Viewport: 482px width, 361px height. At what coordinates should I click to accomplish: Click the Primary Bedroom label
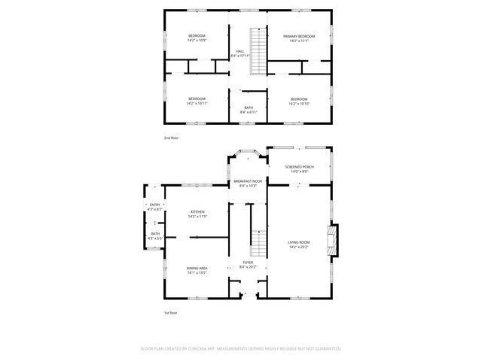(x=299, y=38)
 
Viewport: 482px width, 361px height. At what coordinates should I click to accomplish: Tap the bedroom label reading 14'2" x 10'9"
(x=197, y=38)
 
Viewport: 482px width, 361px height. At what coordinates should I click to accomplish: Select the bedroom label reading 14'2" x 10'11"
(x=197, y=102)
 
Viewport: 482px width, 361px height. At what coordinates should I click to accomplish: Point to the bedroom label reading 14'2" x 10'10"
(x=299, y=102)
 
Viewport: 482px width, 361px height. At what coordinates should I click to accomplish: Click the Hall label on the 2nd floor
(x=239, y=53)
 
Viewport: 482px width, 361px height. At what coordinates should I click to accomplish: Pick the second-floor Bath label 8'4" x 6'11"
(x=248, y=110)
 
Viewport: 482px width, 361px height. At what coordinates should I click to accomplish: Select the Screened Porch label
(x=299, y=169)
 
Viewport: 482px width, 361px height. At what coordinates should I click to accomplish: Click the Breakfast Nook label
(x=248, y=184)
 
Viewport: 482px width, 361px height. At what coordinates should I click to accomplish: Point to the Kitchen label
(x=197, y=214)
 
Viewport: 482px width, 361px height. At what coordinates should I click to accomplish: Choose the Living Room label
(x=299, y=244)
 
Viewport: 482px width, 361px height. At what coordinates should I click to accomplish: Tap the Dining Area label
(x=197, y=270)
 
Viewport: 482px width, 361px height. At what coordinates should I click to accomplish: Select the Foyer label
(x=248, y=264)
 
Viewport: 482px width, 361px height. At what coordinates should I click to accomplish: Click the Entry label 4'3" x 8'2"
(x=155, y=207)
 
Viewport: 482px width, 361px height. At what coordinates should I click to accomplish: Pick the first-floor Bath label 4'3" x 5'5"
(x=155, y=235)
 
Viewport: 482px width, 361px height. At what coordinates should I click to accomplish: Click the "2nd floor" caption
(x=172, y=138)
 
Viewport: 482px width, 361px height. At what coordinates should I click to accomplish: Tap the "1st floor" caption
(x=172, y=313)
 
